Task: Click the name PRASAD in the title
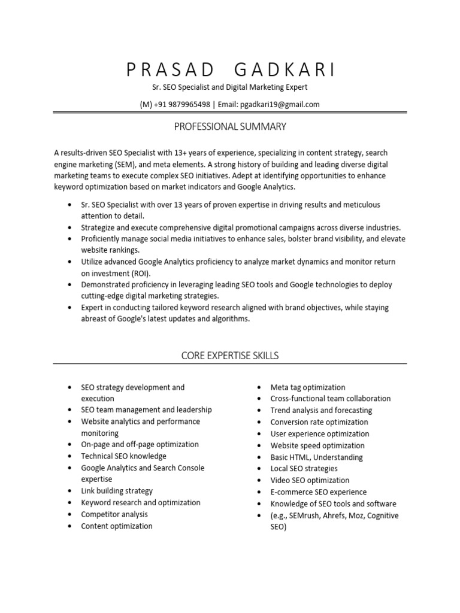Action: (171, 70)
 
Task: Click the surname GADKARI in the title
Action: (285, 70)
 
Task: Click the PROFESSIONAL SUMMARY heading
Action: (230, 126)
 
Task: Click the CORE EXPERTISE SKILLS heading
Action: (230, 356)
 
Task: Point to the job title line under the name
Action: (230, 87)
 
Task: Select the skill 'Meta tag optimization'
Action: (307, 387)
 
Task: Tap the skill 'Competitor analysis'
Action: (114, 514)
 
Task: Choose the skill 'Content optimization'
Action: (117, 526)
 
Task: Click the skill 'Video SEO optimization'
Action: (310, 480)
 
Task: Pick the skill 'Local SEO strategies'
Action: (304, 469)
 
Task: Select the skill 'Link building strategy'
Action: (117, 491)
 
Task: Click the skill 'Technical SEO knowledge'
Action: (123, 456)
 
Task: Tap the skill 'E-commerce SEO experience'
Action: (318, 492)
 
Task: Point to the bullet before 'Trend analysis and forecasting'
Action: (258, 411)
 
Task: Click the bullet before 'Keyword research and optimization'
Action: (69, 503)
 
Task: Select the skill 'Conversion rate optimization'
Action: (319, 422)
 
